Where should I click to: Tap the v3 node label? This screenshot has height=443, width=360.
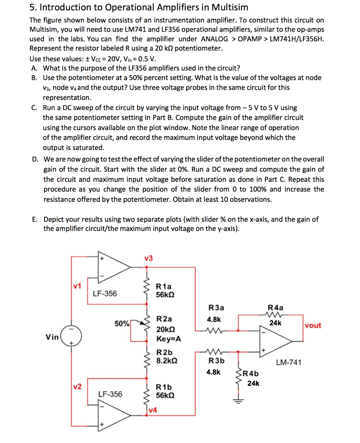tap(148, 258)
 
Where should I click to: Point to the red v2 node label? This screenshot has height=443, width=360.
tap(77, 387)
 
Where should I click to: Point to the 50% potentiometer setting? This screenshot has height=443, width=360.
tap(121, 323)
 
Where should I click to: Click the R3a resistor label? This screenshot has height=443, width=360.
tap(216, 308)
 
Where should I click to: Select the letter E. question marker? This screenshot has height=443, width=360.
tap(35, 219)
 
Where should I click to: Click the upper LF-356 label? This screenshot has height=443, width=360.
tap(105, 294)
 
